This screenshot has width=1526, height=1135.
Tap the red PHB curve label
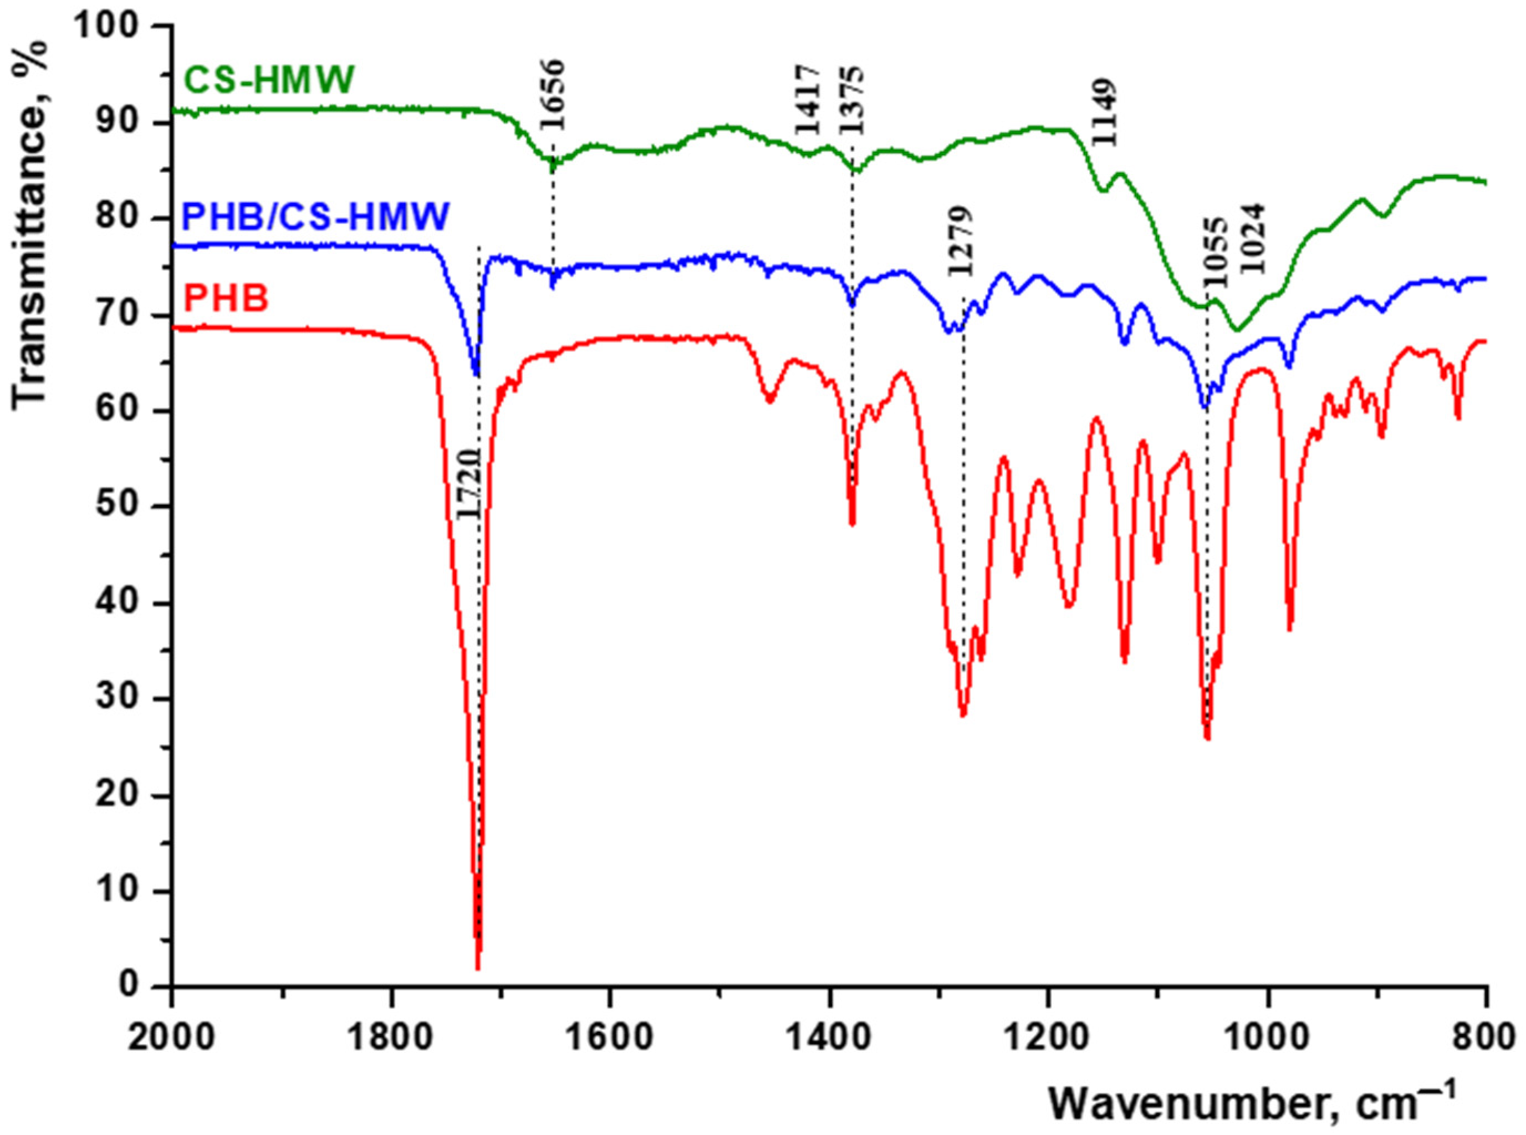click(x=227, y=300)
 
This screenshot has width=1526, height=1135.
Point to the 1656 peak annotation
click(x=552, y=95)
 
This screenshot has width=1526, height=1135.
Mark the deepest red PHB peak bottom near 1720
click(x=477, y=968)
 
